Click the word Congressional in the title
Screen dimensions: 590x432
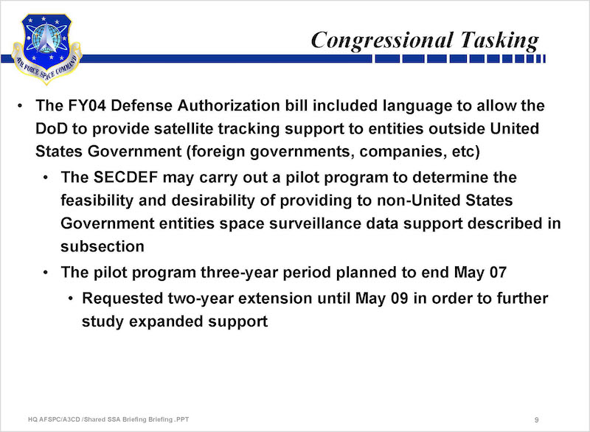point(381,40)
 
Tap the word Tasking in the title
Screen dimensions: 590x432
point(499,40)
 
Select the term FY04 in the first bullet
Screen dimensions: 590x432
point(87,105)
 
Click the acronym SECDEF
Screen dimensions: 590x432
point(125,178)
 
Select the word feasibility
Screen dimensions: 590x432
point(97,201)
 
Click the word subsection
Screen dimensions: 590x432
point(103,247)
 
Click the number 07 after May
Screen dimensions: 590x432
point(498,273)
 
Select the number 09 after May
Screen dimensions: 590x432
point(399,299)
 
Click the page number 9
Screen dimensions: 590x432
point(537,419)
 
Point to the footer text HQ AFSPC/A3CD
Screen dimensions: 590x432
point(54,419)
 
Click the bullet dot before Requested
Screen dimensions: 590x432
point(71,299)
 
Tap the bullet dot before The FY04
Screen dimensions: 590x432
point(20,106)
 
